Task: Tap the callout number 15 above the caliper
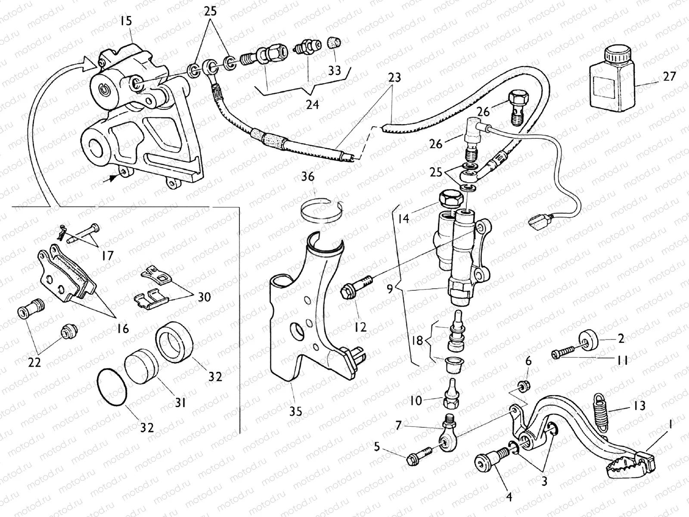click(x=127, y=21)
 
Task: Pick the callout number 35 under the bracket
click(x=296, y=411)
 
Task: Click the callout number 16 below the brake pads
click(x=123, y=329)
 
